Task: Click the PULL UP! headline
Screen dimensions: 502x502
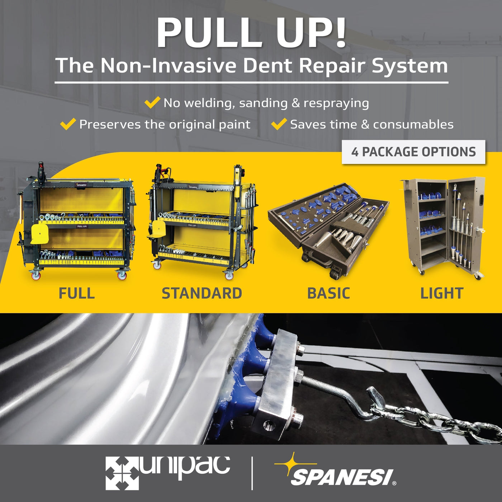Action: (251, 32)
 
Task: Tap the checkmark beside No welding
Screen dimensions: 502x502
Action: (152, 102)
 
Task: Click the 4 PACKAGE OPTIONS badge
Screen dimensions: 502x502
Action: (413, 152)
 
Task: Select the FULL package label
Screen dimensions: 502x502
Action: (77, 293)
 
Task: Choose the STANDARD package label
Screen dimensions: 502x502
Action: (202, 293)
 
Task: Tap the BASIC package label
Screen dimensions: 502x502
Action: (328, 293)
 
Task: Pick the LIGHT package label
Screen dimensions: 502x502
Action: (442, 293)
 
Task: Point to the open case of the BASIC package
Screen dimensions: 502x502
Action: (328, 229)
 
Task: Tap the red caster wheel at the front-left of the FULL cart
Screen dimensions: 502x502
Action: (35, 275)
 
